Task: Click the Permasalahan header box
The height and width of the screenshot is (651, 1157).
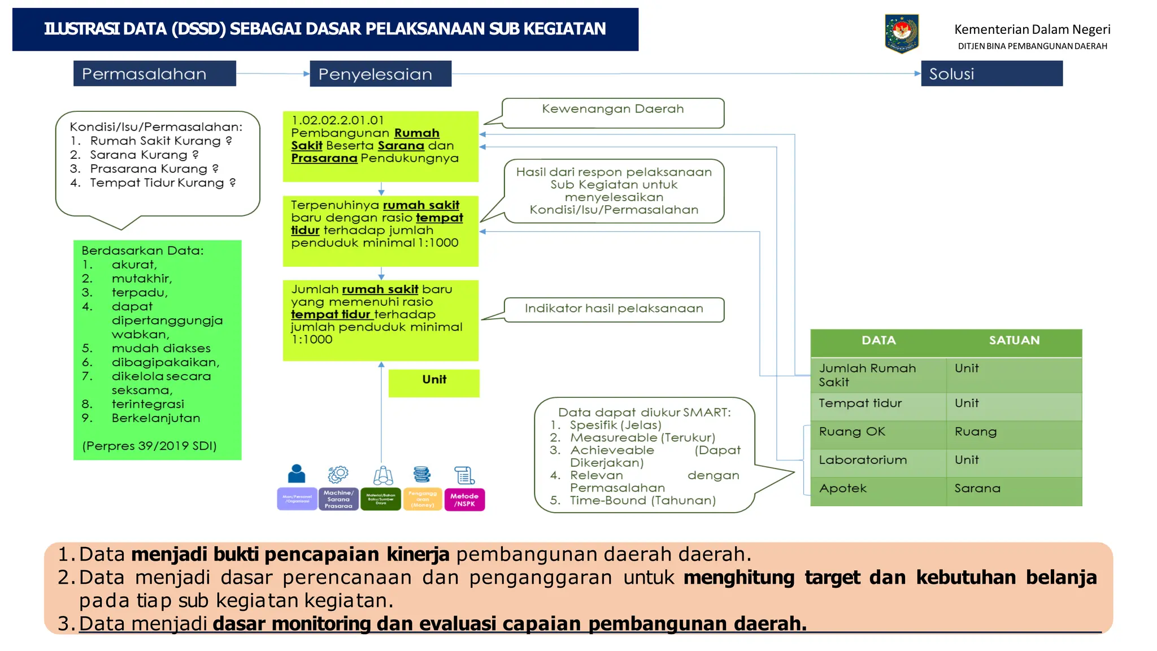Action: [154, 73]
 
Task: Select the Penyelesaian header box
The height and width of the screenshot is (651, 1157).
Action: [380, 73]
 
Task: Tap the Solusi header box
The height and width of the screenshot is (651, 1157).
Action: [991, 73]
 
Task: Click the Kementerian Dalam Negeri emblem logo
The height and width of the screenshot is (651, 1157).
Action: [901, 33]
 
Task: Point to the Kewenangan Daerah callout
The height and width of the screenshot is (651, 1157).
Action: [613, 111]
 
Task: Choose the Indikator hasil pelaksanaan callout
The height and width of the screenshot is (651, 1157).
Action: [614, 309]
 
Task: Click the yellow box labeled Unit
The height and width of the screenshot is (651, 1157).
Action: [434, 382]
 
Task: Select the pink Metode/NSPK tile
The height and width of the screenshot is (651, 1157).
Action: [465, 500]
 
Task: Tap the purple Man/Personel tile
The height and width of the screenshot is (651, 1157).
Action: [297, 500]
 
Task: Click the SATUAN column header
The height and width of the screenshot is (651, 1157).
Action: [1014, 341]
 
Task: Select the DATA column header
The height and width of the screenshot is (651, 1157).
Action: [878, 341]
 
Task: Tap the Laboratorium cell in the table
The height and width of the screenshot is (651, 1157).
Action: [863, 461]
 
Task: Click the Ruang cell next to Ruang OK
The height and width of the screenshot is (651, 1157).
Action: [976, 432]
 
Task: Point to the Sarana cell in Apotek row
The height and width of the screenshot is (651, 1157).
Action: [977, 489]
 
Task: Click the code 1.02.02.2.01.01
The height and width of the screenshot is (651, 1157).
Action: [337, 120]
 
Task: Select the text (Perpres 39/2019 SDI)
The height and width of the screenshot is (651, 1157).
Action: [150, 446]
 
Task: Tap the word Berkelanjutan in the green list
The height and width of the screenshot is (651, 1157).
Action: [156, 418]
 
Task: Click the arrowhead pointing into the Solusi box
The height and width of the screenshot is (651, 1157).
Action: [917, 73]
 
